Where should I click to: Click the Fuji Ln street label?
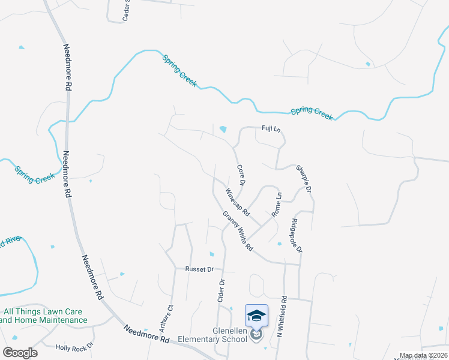271,129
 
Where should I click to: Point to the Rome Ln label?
277,205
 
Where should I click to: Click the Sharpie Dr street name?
304,179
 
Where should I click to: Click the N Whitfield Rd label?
282,316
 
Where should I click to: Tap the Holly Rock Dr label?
74,347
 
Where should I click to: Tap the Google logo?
19,352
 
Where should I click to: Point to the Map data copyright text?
423,355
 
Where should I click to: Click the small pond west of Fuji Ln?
223,129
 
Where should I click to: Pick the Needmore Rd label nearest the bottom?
146,334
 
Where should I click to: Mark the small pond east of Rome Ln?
279,244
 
